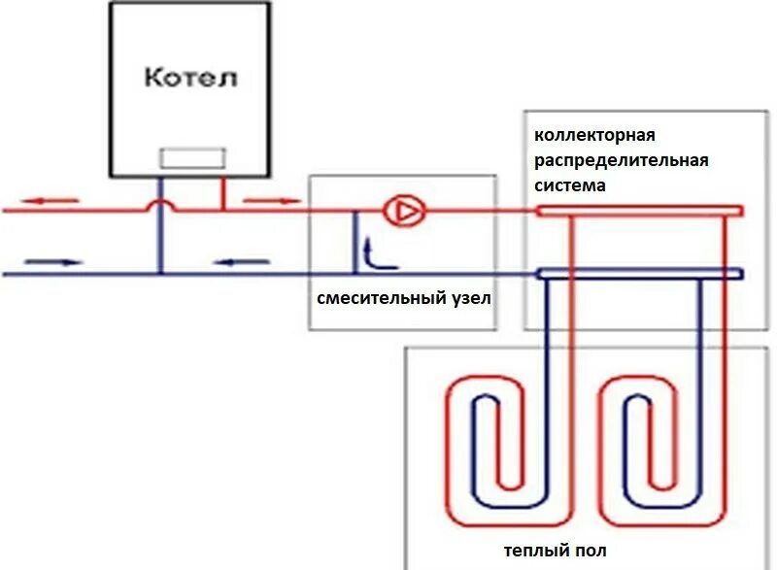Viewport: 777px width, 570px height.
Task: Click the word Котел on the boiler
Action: click(190, 77)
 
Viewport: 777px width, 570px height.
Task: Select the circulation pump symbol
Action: click(399, 210)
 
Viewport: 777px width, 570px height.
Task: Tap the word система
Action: click(570, 184)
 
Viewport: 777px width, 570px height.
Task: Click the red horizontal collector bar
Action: click(641, 210)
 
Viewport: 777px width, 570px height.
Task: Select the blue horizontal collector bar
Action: click(641, 274)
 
